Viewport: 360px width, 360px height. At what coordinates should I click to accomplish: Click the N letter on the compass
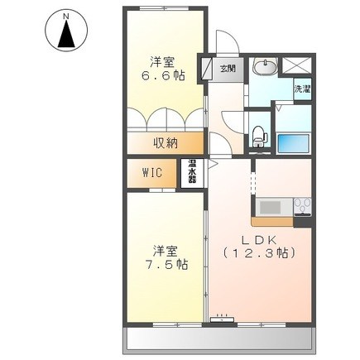66,17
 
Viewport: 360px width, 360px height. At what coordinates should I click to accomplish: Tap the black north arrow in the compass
66,33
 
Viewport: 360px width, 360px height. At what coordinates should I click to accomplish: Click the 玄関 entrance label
228,69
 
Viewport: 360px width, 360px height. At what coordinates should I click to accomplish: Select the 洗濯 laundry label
302,89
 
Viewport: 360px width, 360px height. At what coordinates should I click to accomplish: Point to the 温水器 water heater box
192,173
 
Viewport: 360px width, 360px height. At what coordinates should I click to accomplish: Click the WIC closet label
152,173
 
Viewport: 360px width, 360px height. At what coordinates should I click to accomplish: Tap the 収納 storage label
166,143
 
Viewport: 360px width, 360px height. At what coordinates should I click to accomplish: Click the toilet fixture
260,137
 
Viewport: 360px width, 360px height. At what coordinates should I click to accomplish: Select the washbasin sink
266,67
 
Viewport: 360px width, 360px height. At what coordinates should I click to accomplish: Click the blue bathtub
293,143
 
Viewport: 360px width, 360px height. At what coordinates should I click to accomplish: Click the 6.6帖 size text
163,75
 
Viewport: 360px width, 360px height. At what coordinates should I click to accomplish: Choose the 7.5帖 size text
166,265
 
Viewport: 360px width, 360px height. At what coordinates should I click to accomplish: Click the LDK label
259,240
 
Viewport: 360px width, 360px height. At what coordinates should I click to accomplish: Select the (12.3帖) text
259,253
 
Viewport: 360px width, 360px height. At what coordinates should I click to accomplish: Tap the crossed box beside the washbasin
296,65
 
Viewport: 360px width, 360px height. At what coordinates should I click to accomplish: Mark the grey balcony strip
219,340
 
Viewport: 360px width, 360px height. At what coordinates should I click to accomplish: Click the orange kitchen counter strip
272,222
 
